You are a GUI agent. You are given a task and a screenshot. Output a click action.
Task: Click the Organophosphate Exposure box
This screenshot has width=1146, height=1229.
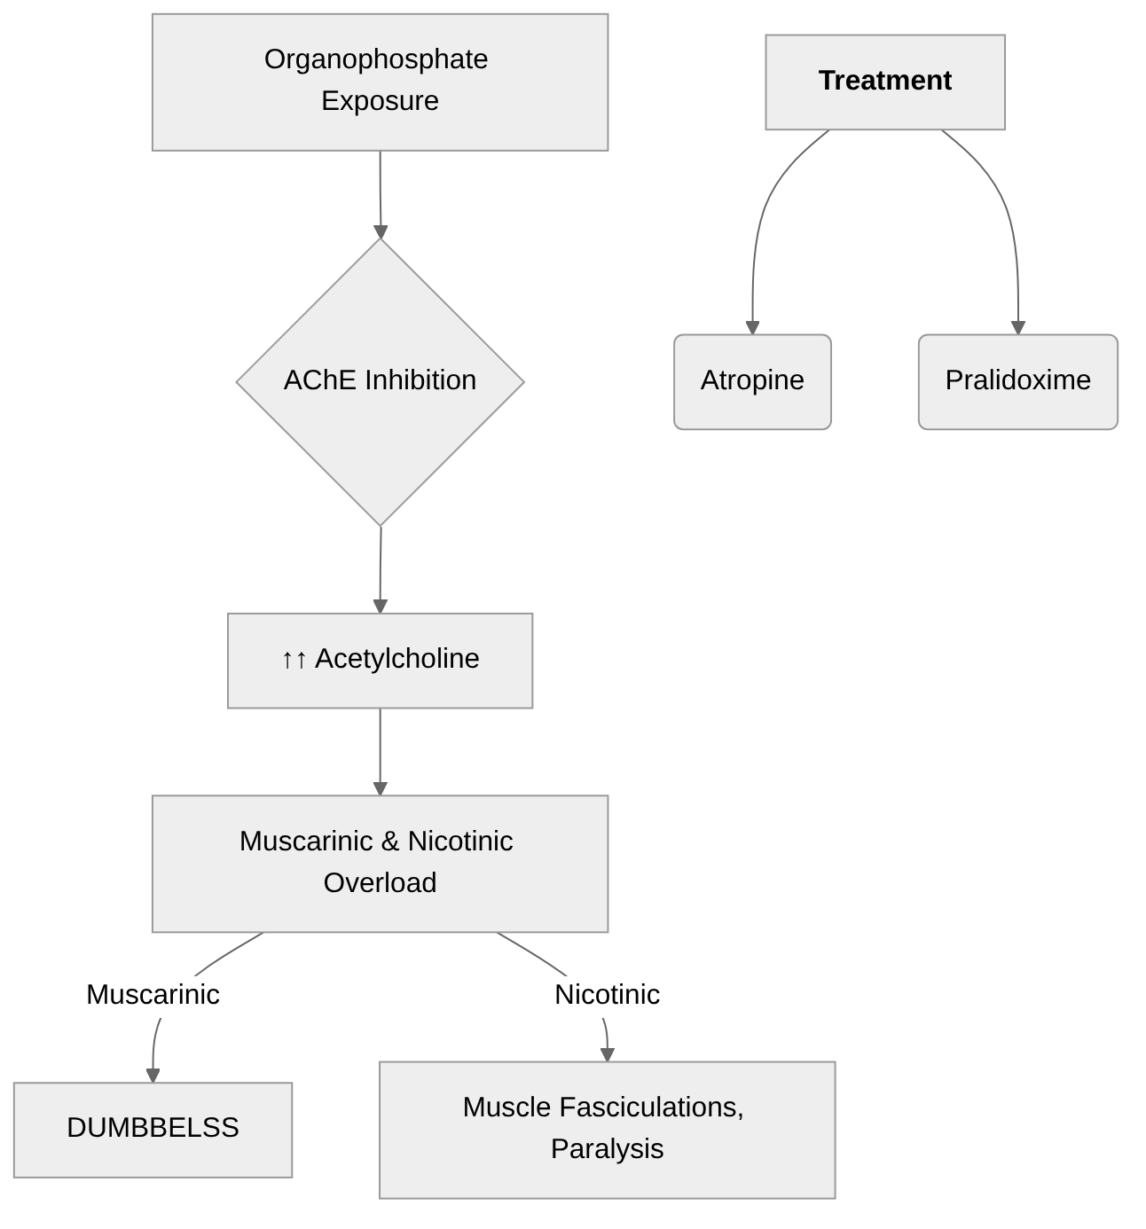pos(380,82)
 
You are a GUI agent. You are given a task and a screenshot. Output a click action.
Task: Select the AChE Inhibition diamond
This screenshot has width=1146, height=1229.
pos(380,381)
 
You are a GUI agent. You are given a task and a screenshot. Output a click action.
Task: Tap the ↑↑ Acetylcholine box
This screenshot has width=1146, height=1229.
pos(380,660)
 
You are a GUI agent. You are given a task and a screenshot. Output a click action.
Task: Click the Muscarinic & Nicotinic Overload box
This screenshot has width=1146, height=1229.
pos(380,863)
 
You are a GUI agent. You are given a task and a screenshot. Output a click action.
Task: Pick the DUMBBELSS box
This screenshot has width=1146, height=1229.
pos(153,1129)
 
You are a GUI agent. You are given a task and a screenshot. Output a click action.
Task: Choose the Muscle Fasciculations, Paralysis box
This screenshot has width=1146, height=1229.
pos(607,1129)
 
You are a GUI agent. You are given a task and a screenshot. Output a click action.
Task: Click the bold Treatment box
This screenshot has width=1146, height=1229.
pos(884,82)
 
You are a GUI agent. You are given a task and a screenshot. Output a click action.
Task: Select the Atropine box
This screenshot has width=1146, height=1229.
pos(752,381)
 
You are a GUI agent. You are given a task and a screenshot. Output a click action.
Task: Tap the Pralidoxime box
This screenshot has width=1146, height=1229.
pos(1017,381)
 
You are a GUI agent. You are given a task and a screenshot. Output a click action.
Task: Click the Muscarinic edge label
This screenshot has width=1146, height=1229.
pos(153,994)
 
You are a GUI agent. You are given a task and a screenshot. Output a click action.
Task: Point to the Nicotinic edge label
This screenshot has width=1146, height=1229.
pos(607,994)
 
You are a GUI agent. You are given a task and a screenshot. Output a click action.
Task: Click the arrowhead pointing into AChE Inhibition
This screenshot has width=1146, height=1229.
pos(381,232)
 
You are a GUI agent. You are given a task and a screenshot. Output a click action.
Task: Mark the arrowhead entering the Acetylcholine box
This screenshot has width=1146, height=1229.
pos(381,607)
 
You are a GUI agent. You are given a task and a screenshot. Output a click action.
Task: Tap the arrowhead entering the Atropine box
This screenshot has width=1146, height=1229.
pos(752,328)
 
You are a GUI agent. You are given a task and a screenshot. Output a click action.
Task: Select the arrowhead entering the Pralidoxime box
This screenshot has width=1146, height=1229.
pos(1018,328)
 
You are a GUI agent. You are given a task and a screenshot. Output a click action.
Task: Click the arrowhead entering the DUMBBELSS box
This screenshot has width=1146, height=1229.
pos(153,1076)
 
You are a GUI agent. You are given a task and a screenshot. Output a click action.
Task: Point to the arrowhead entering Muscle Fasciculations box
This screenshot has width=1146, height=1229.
pos(608,1054)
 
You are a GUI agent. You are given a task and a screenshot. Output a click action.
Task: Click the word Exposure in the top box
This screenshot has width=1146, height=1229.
pos(380,101)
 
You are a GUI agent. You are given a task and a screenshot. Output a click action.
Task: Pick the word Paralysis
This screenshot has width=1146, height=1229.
pos(607,1149)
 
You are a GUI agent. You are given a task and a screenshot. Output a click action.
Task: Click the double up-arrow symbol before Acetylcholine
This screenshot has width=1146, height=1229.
pos(294,660)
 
